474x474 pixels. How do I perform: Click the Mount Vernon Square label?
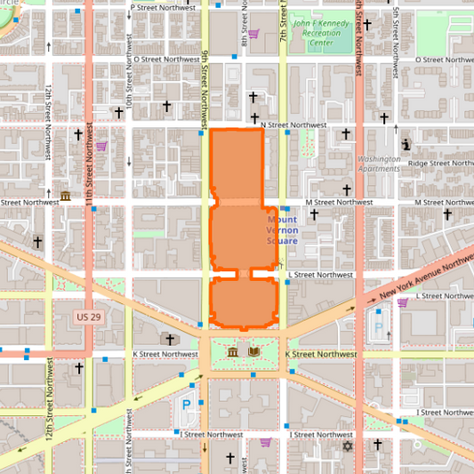tap(282, 229)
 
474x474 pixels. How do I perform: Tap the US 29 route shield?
tap(88, 317)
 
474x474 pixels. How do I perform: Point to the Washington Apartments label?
tap(379, 164)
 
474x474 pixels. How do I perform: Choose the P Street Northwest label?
tap(165, 7)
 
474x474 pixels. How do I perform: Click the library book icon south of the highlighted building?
tap(254, 353)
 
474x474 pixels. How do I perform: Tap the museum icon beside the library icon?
tap(233, 353)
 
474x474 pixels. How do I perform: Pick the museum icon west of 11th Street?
tap(66, 196)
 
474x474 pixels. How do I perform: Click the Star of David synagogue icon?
tap(348, 446)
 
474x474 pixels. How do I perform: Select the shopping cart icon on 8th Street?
tap(253, 35)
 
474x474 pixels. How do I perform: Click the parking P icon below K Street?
tap(187, 404)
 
